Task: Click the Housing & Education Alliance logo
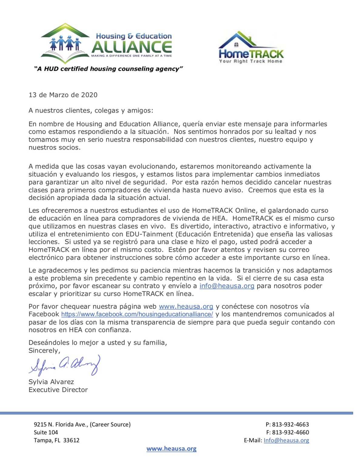click(x=106, y=44)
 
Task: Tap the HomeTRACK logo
click(x=251, y=48)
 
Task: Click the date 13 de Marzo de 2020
click(x=63, y=95)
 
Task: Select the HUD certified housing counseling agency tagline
click(x=108, y=69)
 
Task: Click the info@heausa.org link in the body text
click(x=227, y=286)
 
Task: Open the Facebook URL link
click(x=137, y=314)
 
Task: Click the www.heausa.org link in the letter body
click(x=186, y=306)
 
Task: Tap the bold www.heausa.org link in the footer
click(x=171, y=449)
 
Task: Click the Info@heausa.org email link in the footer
click(x=286, y=440)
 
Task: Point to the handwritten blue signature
click(x=65, y=366)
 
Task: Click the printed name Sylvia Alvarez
click(x=51, y=382)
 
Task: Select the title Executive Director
click(x=58, y=390)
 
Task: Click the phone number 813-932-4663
click(x=290, y=424)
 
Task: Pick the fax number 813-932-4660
click(x=290, y=432)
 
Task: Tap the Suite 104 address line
click(x=46, y=432)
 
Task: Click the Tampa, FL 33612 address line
click(x=56, y=440)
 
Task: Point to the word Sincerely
click(x=44, y=351)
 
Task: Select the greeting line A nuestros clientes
click(x=91, y=111)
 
